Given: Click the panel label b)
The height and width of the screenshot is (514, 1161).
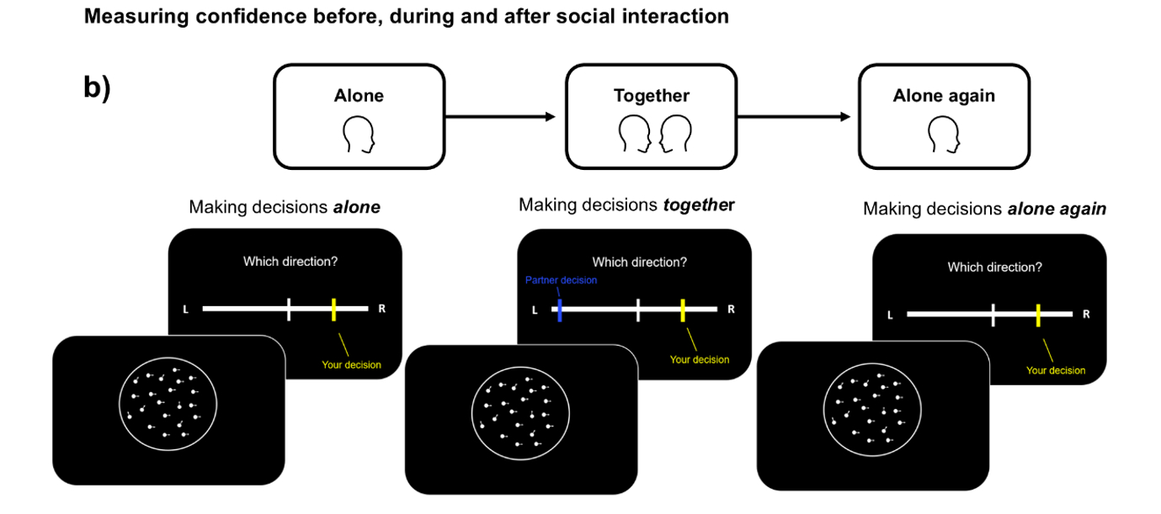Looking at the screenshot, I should [x=97, y=88].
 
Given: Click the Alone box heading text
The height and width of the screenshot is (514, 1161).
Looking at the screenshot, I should [x=359, y=96].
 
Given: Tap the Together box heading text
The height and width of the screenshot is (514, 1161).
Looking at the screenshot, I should [x=651, y=96].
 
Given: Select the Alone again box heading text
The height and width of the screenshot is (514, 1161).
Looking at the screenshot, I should [x=944, y=96].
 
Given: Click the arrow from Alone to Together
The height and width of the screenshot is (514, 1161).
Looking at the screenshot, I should [x=501, y=117].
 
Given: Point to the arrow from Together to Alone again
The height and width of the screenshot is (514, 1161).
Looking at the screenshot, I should [x=794, y=117].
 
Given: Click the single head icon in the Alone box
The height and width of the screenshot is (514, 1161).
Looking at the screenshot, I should [x=359, y=135].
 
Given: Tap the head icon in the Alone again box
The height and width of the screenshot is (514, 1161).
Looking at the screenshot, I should [x=944, y=135].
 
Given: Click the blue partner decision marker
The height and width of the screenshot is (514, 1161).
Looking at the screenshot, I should [x=559, y=310].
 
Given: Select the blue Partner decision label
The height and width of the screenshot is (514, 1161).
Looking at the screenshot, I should [x=561, y=280].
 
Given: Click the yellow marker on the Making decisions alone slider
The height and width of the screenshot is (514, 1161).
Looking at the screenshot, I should [x=334, y=309].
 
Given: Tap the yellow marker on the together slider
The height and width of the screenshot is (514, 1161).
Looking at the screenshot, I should [x=683, y=310].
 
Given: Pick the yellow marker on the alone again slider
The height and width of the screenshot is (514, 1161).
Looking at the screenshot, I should [x=1039, y=315].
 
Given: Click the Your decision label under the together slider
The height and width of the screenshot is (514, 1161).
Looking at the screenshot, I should [x=700, y=360].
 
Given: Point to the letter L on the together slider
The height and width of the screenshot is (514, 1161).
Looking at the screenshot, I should [x=534, y=310].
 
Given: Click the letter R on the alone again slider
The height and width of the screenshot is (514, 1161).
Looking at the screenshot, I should [x=1086, y=315].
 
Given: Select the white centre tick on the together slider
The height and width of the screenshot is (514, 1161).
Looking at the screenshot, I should [x=638, y=310].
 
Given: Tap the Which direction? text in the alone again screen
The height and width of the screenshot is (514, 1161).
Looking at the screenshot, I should [x=994, y=268].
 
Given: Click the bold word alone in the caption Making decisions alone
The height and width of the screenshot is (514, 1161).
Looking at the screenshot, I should [x=357, y=207].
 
